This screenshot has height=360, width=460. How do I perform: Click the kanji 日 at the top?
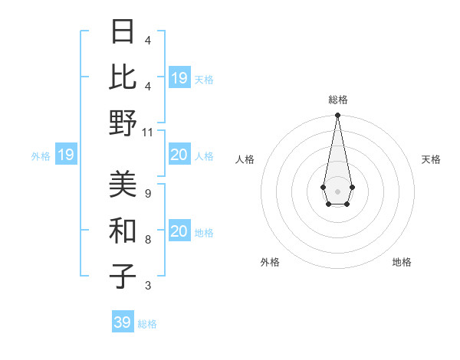pos(123,33)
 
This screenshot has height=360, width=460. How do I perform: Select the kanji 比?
pos(123,77)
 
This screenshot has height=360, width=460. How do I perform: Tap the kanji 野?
pos(123,122)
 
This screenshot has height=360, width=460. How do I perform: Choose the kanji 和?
pos(123,230)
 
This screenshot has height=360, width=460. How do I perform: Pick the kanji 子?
pos(123,276)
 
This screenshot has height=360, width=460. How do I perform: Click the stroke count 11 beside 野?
pos(148,132)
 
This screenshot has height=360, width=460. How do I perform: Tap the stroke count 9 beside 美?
pos(147,194)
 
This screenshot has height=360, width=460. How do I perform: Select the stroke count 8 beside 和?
pos(147,240)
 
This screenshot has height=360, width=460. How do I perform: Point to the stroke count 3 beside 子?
pos(147,286)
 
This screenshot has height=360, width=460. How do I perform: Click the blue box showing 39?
pos(123,322)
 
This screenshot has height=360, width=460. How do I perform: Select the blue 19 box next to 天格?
pos(179,78)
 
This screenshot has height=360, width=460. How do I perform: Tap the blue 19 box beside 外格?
pos(65,155)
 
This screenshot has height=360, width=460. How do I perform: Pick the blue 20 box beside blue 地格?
pos(179,231)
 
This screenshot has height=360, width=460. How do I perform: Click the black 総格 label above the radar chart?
pos(337,100)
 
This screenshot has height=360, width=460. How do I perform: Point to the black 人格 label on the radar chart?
pos(245,159)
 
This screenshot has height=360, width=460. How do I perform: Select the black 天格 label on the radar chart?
pos(431,159)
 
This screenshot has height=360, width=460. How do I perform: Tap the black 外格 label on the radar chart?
pos(270,262)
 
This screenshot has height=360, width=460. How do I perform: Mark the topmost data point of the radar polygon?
pos(337,116)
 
